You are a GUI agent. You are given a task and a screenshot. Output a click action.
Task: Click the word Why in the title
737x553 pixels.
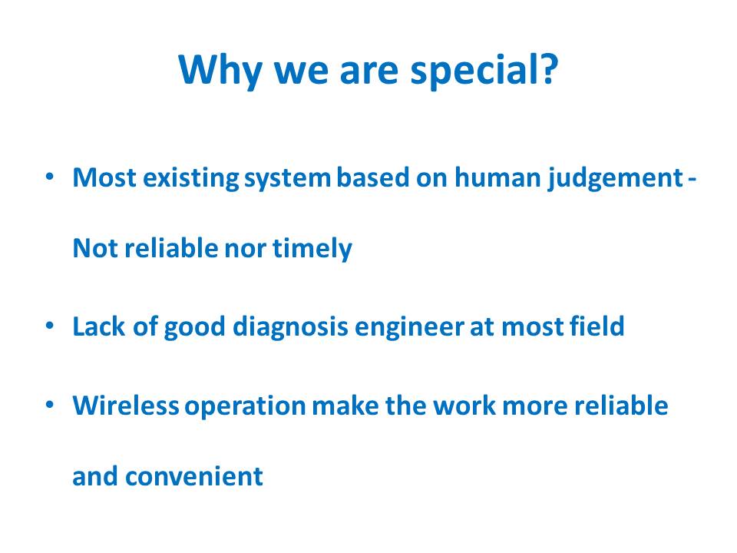pos(220,70)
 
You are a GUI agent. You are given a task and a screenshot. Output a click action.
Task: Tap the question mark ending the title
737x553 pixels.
pos(548,68)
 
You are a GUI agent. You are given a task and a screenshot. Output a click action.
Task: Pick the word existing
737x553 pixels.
pos(190,179)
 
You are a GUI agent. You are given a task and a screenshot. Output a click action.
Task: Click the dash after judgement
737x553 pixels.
pos(692,179)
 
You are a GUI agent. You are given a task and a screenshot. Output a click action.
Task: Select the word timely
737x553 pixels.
pos(312,249)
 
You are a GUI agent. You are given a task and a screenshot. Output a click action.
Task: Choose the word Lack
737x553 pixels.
pos(99,326)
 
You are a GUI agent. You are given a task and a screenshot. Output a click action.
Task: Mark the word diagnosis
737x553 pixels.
pos(290,327)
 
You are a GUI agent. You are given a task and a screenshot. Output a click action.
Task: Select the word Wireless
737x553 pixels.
pos(125,406)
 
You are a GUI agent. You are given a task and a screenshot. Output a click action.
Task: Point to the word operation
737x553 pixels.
pos(245,407)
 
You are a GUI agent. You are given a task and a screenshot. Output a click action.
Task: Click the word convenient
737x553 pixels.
pos(193,477)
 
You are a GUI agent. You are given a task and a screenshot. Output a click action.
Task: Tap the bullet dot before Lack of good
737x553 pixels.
pos(50,326)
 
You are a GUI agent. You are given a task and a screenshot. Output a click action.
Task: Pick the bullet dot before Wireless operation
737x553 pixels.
pos(50,405)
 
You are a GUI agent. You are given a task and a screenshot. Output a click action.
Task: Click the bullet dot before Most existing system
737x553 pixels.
pos(50,177)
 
